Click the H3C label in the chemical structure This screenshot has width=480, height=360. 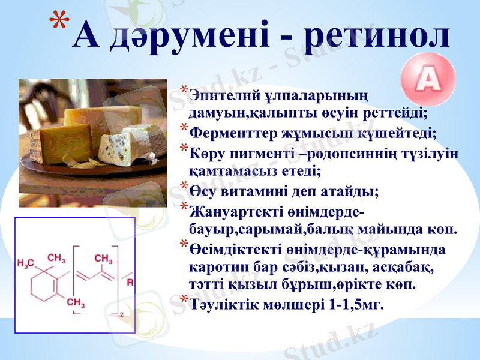(x=26, y=263)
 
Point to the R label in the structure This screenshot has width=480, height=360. (x=130, y=280)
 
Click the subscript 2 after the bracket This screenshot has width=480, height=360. (x=122, y=314)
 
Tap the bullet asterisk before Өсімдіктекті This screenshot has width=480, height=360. (x=183, y=243)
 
